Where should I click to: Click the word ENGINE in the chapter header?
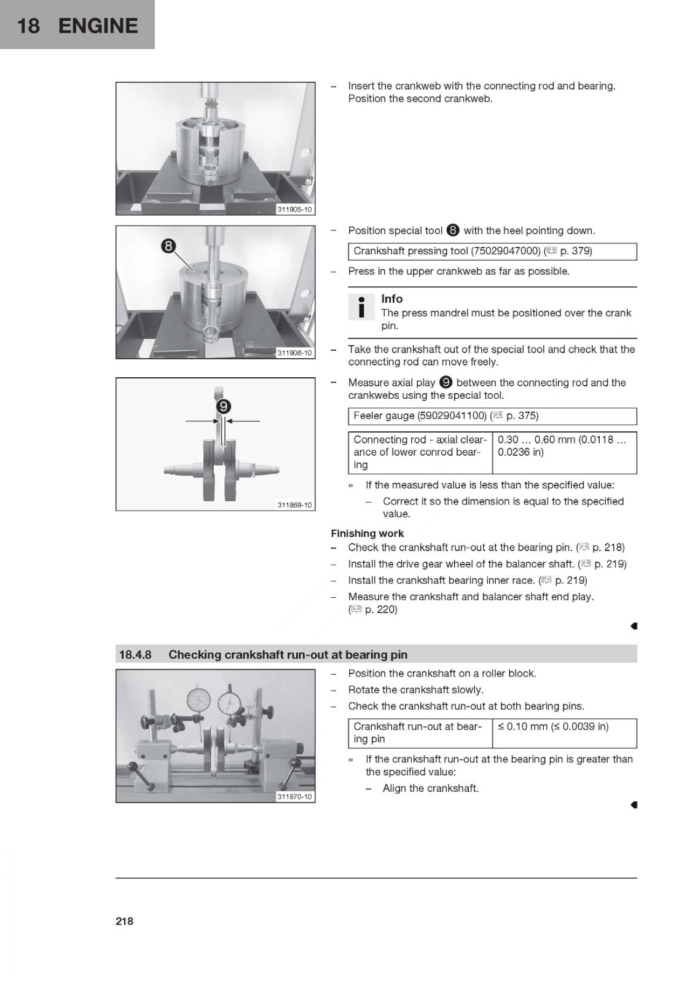tap(98, 26)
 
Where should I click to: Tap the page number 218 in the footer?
tap(124, 921)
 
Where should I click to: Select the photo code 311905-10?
tap(294, 210)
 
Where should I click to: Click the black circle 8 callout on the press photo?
tap(168, 246)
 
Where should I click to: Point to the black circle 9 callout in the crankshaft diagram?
tap(223, 407)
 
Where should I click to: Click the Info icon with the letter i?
tap(361, 307)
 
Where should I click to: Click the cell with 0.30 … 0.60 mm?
tap(564, 452)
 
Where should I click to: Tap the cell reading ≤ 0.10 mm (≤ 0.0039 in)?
tap(564, 733)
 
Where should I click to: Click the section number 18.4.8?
tap(135, 655)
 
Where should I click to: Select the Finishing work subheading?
tap(367, 533)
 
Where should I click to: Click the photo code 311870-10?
tap(294, 796)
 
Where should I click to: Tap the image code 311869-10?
tap(294, 504)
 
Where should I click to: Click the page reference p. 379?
tap(576, 251)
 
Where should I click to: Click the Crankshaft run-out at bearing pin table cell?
tap(420, 733)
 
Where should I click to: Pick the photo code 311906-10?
tap(294, 353)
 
